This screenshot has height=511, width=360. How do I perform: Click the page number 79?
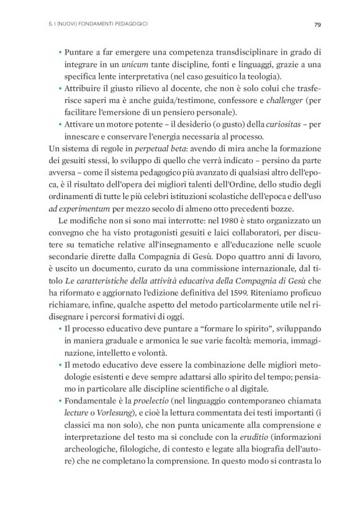pyautogui.click(x=317, y=25)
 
